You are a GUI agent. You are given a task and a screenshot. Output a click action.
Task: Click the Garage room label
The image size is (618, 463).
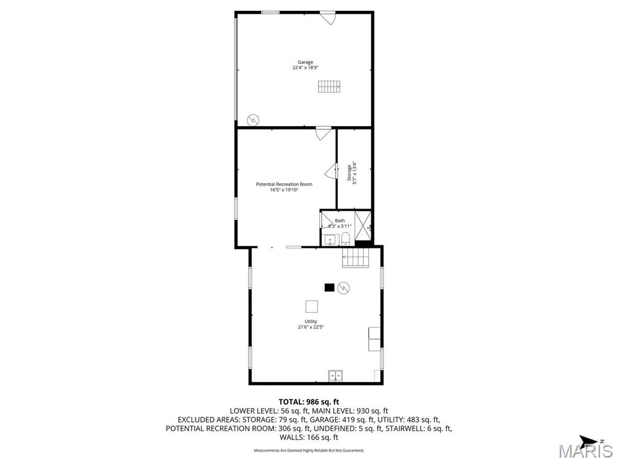[305, 62]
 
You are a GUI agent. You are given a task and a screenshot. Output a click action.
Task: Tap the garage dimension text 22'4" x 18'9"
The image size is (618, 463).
[305, 68]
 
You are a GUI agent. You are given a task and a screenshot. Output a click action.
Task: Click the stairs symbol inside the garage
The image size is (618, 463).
[330, 87]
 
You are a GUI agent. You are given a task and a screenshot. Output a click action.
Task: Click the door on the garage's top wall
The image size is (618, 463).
[328, 18]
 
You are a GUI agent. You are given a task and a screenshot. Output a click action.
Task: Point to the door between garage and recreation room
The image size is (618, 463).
[323, 133]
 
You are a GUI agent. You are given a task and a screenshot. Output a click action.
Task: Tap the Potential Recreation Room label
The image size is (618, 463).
[284, 184]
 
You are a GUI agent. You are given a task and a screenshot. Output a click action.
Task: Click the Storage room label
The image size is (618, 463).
[349, 172]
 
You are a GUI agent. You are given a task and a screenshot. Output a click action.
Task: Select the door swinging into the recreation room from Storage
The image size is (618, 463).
[331, 172]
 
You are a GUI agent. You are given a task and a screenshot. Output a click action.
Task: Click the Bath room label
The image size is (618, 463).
[340, 221]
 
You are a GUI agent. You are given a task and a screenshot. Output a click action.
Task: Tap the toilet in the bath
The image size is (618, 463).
[345, 240]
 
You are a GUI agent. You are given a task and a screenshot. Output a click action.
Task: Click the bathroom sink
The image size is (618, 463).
[330, 240]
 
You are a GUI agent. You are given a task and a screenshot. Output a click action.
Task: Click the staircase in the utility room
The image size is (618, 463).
[355, 259]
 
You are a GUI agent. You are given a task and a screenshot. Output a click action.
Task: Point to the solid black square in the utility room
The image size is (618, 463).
[329, 288]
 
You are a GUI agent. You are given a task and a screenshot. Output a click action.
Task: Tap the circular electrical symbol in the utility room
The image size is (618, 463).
[343, 288]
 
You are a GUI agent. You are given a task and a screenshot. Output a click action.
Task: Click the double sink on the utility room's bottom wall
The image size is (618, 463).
[335, 376]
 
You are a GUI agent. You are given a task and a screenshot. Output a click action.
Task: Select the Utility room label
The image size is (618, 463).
[311, 321]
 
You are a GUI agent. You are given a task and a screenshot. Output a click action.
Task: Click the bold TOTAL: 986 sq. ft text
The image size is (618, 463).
[308, 402]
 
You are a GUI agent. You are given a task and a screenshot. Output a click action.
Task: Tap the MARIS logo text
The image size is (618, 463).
[585, 450]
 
